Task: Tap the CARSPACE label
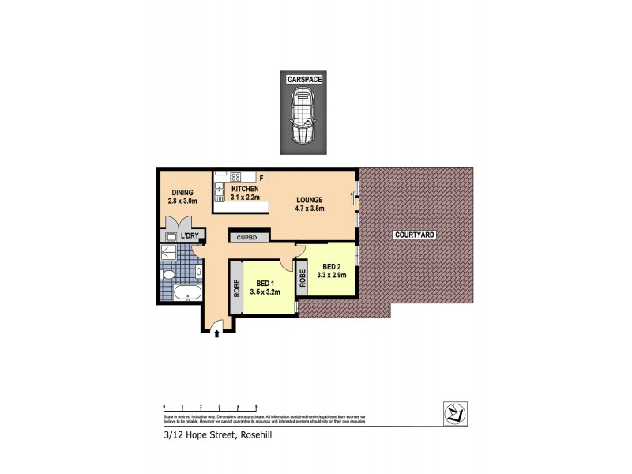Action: tap(303, 80)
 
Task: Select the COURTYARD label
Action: tap(415, 236)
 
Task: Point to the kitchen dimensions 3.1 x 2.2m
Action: tap(245, 197)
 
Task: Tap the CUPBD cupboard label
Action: tap(249, 235)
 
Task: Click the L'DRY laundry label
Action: tap(190, 236)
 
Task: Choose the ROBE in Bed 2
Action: tap(302, 280)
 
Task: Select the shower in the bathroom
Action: tap(167, 252)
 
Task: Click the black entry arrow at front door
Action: tap(217, 335)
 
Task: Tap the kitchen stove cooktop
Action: tap(235, 176)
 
